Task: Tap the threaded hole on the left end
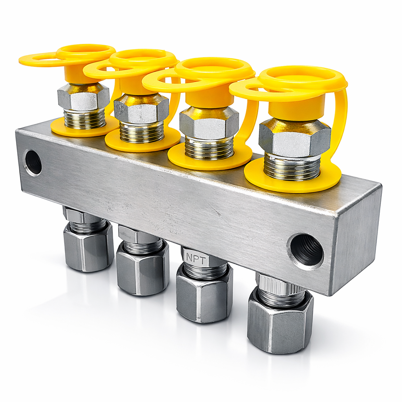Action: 33,163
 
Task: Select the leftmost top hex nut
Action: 84,98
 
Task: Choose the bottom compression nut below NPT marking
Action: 204,293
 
